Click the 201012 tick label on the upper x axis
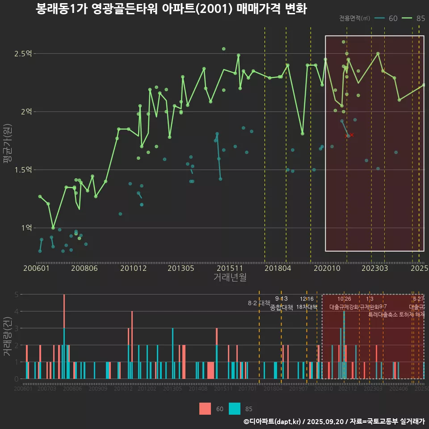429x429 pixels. [x=133, y=269]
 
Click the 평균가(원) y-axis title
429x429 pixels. [x=8, y=143]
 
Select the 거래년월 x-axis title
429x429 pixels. [x=230, y=278]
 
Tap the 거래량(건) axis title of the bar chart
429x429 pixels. [x=8, y=336]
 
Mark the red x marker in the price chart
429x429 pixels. [x=352, y=135]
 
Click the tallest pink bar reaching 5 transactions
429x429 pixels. [x=64, y=313]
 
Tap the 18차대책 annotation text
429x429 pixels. [x=307, y=307]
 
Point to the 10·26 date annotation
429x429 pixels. [x=344, y=299]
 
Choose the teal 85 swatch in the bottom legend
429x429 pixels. [x=235, y=408]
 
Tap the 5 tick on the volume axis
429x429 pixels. [x=16, y=294]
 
